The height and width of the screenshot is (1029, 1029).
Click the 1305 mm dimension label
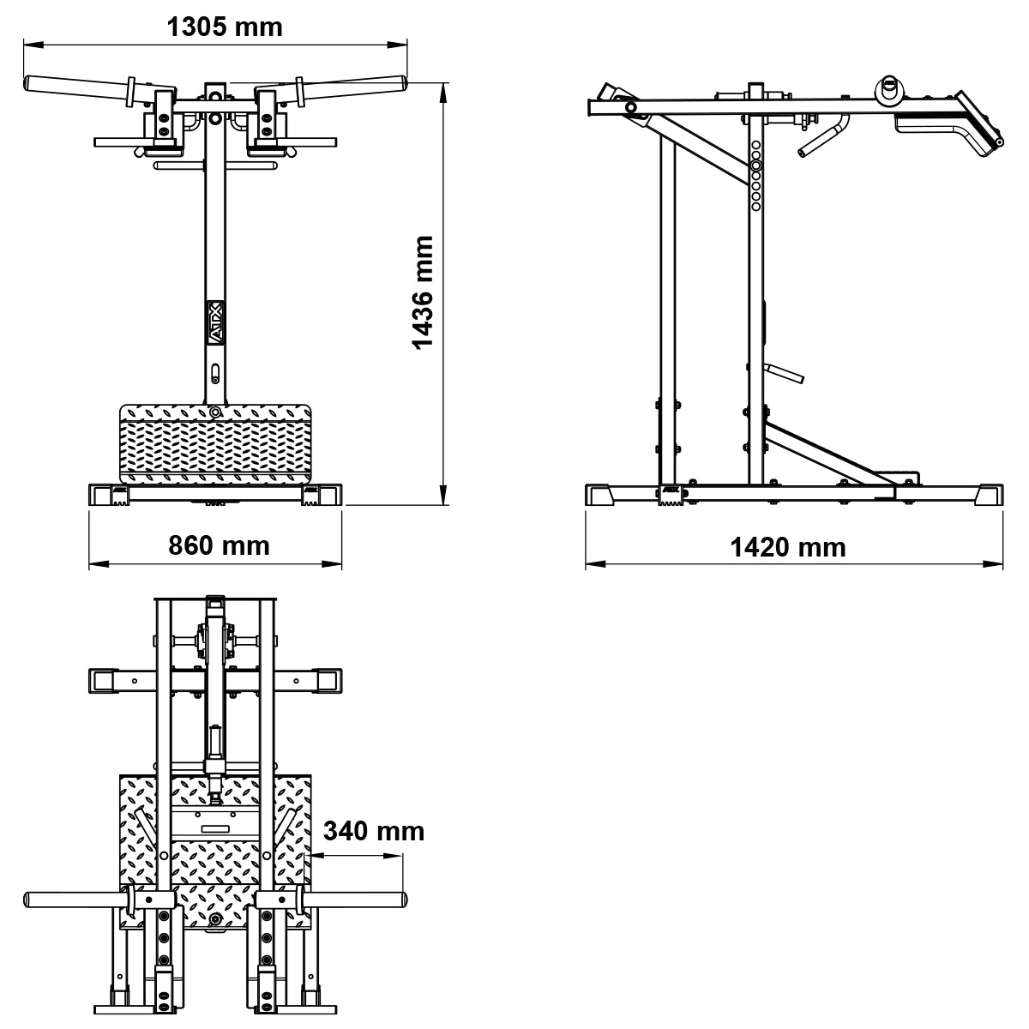[x=224, y=27]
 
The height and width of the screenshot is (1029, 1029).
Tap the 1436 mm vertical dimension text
[x=424, y=292]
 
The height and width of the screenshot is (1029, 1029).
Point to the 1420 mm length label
[x=787, y=546]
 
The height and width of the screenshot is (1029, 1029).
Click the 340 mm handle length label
[x=374, y=830]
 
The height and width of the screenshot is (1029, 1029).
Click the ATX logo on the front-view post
[x=215, y=322]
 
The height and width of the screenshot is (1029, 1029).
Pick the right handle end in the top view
[x=400, y=900]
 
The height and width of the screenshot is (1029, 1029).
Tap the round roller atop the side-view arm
[x=888, y=87]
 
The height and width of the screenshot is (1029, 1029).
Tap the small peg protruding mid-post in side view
[x=786, y=373]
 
